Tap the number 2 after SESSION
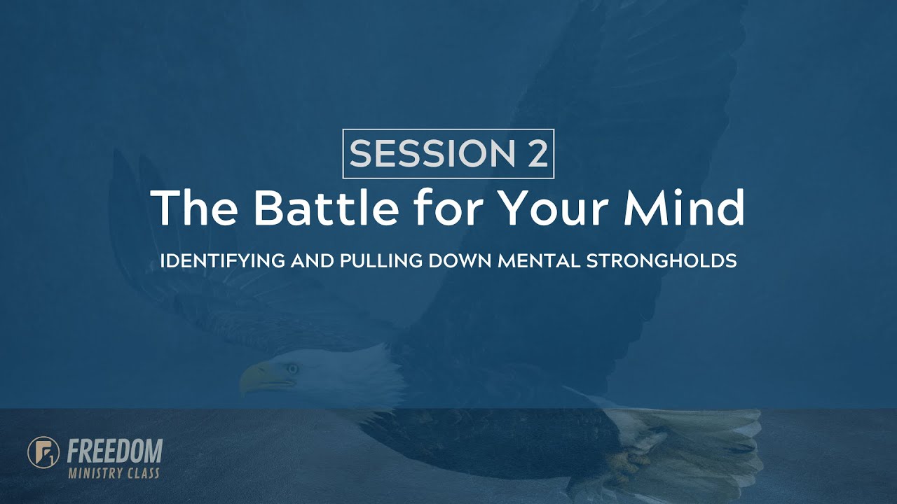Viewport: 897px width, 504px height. (x=536, y=154)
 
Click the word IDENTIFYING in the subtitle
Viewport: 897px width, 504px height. (x=222, y=262)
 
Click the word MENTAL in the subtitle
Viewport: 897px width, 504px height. (x=538, y=262)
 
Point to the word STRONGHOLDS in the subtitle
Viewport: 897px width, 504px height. (x=661, y=262)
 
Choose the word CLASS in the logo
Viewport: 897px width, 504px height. (x=143, y=473)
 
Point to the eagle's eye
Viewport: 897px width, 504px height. (x=292, y=368)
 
